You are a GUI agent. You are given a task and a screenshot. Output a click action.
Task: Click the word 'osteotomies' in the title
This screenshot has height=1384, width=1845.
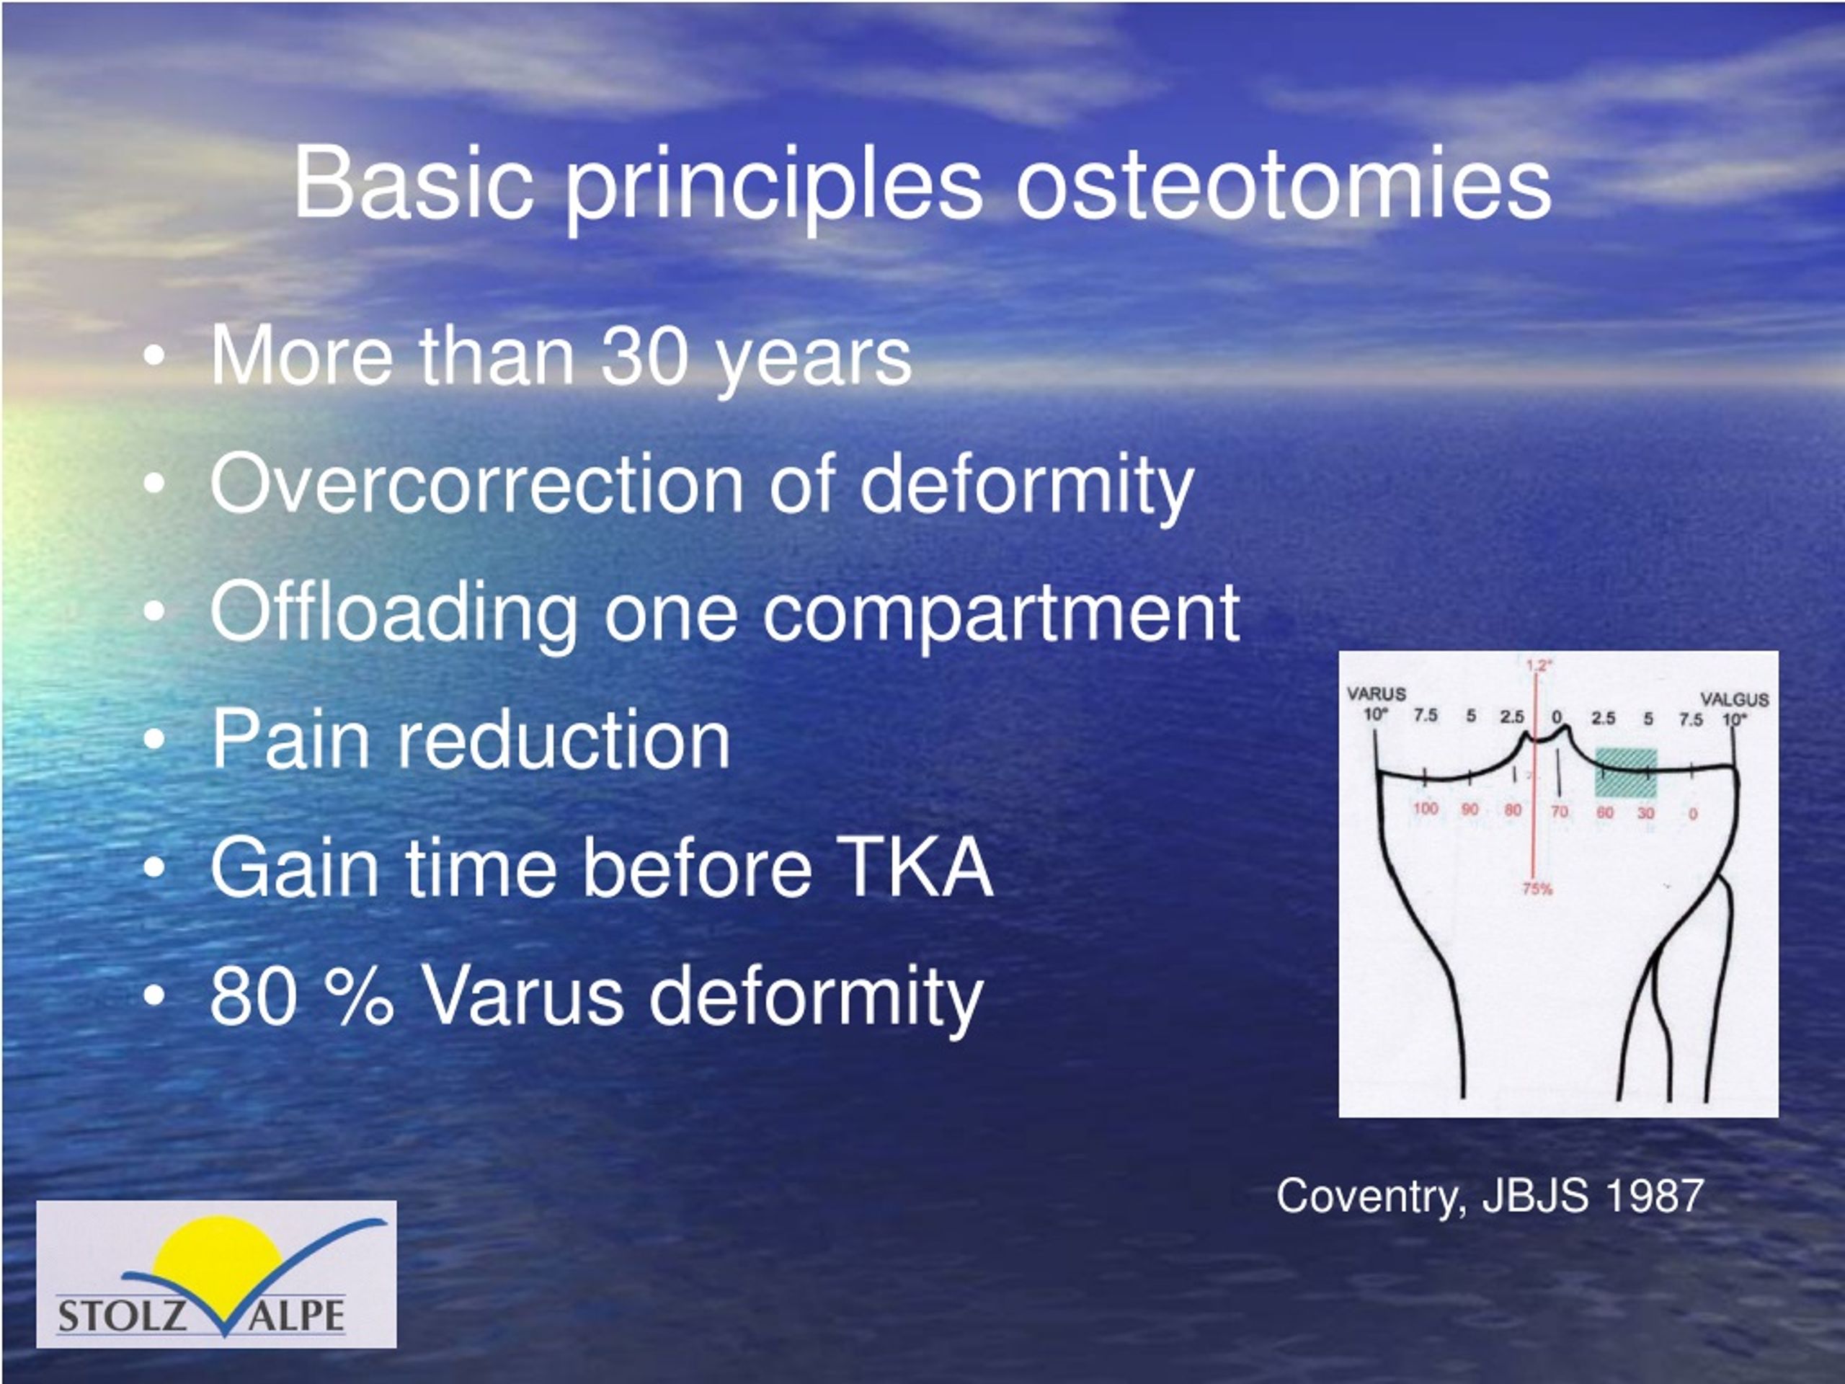[1282, 184]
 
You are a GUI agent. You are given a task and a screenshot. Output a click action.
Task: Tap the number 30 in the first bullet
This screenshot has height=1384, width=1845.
[645, 357]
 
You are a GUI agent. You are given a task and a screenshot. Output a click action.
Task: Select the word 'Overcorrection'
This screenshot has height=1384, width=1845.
[476, 484]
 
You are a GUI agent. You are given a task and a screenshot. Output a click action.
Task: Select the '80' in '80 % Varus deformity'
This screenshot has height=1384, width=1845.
[253, 996]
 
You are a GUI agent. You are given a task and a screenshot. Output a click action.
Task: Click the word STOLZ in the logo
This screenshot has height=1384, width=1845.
[122, 1316]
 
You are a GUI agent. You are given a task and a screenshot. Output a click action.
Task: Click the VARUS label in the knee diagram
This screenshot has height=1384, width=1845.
[1377, 693]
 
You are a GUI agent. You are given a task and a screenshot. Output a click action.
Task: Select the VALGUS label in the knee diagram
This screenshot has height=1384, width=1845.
[1734, 699]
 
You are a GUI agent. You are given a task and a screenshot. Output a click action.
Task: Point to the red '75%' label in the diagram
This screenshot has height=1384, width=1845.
[1537, 890]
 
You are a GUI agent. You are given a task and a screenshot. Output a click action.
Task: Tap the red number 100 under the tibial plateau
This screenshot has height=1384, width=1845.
[1426, 808]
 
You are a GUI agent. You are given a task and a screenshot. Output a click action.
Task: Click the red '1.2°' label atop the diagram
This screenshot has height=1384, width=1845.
[1539, 665]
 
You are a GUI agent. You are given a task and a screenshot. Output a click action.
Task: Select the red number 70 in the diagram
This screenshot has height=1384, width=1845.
[1559, 811]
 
